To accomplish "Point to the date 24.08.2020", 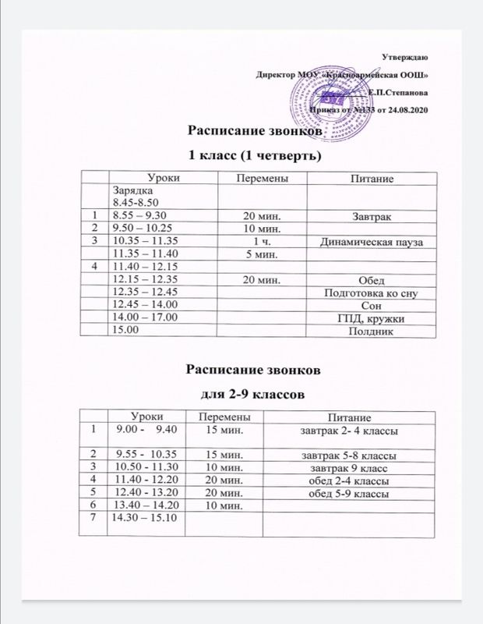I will point(407,112).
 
